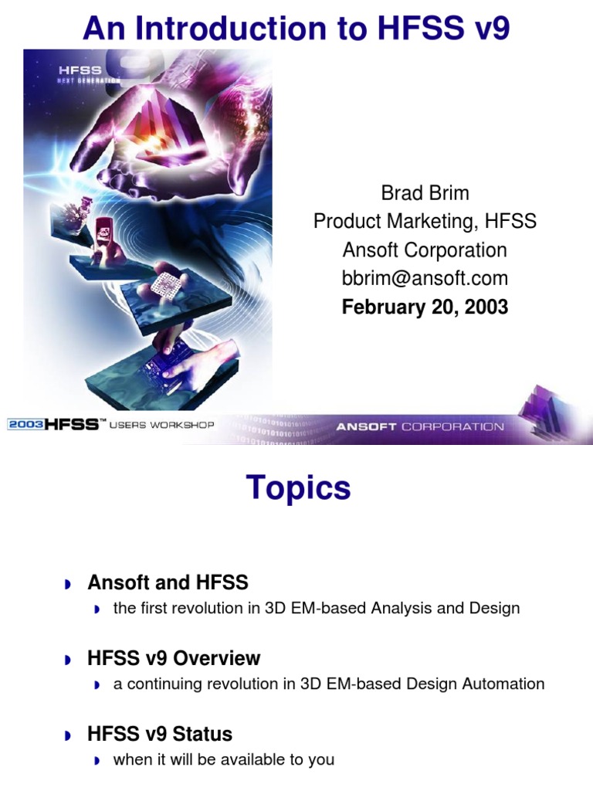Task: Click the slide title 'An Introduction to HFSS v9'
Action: (296, 29)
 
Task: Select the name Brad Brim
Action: (425, 193)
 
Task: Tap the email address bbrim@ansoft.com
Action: (425, 278)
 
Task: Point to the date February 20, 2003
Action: (425, 307)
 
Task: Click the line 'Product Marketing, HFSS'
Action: (425, 222)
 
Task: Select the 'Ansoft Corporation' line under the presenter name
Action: (425, 250)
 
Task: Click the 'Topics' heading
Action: (298, 488)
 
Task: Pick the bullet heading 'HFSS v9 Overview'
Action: (174, 658)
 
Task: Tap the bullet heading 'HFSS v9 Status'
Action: (160, 733)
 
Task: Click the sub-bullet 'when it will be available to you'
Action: (223, 759)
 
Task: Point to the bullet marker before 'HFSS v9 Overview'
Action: (68, 660)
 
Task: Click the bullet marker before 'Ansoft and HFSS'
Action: (68, 584)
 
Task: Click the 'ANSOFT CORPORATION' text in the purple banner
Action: (419, 426)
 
